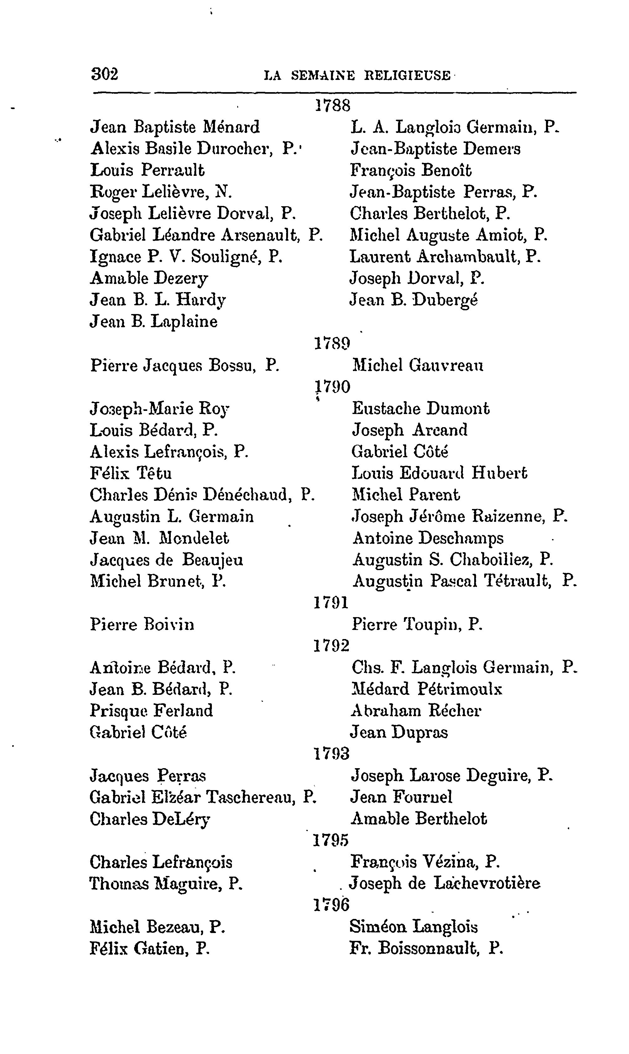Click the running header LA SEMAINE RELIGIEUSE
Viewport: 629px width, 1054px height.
coord(357,76)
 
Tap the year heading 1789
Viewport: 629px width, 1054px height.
coord(332,343)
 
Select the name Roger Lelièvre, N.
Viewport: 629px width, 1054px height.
coord(161,192)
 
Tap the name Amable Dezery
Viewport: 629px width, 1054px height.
coord(149,278)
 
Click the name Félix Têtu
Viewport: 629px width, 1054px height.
coord(131,473)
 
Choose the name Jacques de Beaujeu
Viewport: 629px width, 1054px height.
coord(167,560)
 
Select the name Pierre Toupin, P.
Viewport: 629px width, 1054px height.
coord(417,624)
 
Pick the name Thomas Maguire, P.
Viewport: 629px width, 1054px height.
coord(166,884)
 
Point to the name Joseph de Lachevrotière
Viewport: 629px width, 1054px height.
coord(445,884)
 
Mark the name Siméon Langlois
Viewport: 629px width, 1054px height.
coord(414,927)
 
